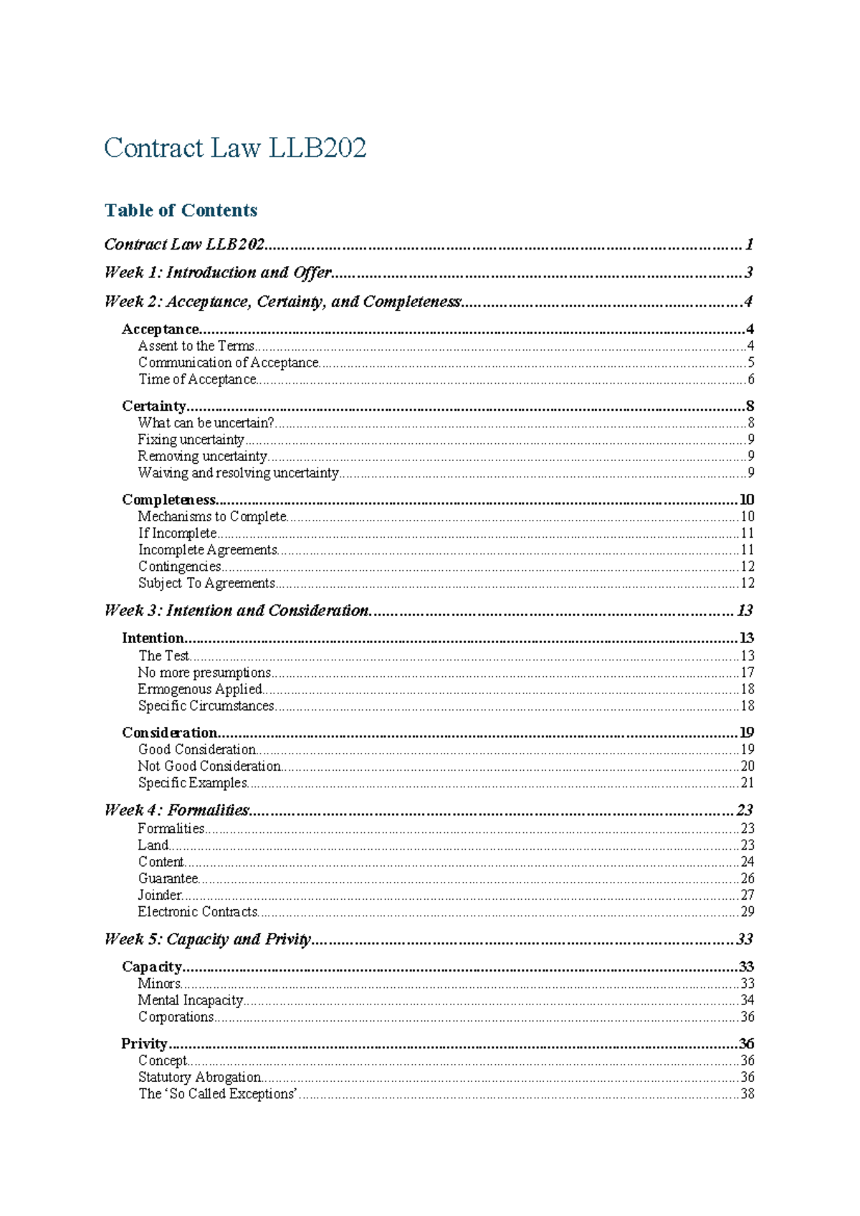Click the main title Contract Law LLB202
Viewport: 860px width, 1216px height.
click(x=235, y=148)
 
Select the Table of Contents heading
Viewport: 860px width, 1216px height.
click(x=181, y=210)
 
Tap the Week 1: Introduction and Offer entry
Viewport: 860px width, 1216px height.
click(x=218, y=272)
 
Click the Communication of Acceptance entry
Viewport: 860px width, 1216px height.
click(x=228, y=363)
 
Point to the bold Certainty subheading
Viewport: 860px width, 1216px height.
click(x=153, y=407)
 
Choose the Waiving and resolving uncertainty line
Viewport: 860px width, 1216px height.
click(x=238, y=473)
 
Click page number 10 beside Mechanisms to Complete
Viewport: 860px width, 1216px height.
click(x=747, y=517)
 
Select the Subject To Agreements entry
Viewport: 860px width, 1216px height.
click(x=206, y=584)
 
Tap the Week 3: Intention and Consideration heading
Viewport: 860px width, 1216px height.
click(x=236, y=611)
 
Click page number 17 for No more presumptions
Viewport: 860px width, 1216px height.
click(x=747, y=673)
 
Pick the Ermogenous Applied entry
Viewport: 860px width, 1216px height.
click(x=200, y=690)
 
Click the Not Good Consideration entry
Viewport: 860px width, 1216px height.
click(x=209, y=766)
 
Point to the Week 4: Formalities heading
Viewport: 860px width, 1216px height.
click(x=176, y=811)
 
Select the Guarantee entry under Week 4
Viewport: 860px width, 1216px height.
click(x=168, y=879)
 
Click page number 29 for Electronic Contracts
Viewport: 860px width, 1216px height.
click(x=747, y=912)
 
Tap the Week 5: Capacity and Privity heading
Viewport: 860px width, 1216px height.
click(x=207, y=940)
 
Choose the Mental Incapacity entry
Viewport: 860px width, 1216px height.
click(x=191, y=1001)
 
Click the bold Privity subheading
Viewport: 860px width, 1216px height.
click(x=144, y=1044)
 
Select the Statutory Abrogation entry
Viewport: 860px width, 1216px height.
click(x=199, y=1078)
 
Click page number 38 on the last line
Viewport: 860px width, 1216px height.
click(x=747, y=1094)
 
